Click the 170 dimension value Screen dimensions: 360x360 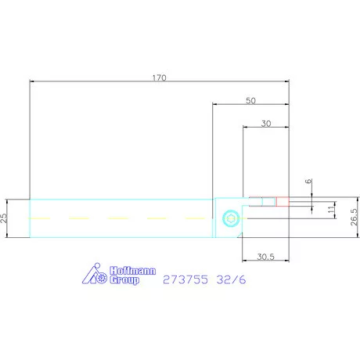159,77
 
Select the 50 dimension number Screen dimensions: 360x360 250,101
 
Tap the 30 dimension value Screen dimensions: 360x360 266,124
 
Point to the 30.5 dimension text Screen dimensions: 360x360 265,257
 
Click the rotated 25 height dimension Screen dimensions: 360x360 4,218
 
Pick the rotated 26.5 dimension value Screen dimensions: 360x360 354,217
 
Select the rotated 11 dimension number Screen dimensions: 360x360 331,210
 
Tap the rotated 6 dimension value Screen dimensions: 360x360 308,181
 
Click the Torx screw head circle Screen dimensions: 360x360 231,218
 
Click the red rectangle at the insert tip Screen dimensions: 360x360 283,202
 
